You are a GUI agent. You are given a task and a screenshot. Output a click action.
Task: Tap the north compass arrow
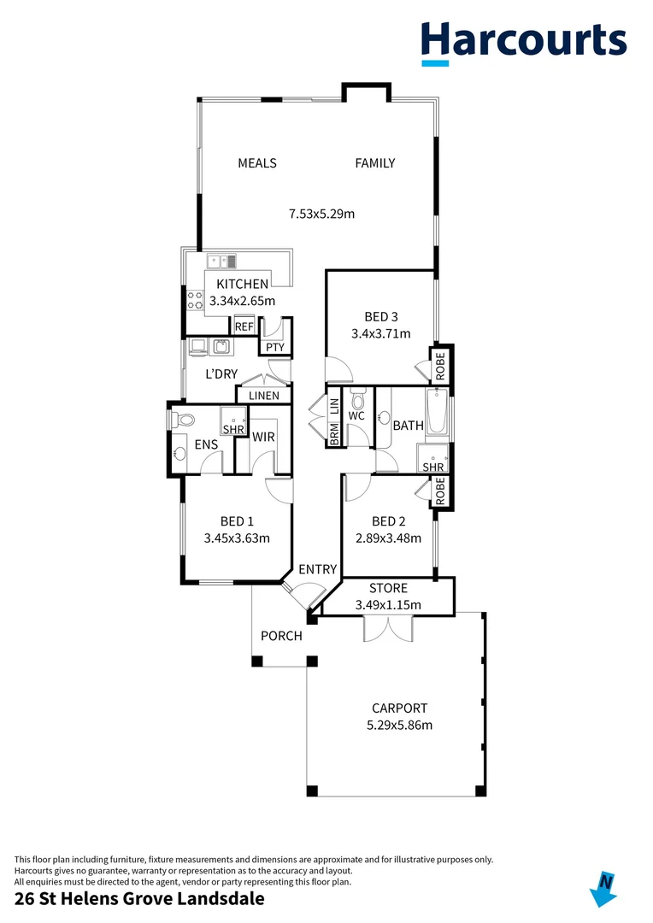pos(604,888)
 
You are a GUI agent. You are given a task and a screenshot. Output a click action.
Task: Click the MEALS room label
pos(256,163)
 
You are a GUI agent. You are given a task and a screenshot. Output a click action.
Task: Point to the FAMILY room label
pos(375,163)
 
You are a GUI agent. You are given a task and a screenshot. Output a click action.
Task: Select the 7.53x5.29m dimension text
pos(321,214)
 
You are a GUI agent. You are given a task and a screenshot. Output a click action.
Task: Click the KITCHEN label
pos(242,285)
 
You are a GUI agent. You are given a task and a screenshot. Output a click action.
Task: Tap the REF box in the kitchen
pos(244,326)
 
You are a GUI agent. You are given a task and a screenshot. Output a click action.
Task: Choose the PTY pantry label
pos(274,347)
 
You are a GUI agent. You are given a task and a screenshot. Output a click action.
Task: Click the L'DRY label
pos(221,374)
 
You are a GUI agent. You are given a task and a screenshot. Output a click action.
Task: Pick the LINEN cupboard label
pos(264,396)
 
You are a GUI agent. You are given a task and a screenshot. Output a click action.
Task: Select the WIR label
pos(262,437)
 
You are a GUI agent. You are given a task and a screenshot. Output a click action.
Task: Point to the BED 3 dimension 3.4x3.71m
pos(380,334)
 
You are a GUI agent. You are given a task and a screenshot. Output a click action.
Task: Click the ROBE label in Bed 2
pos(441,491)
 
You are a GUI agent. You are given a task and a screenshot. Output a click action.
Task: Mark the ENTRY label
pos(317,569)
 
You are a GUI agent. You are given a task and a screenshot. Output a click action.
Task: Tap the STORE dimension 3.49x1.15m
pos(388,605)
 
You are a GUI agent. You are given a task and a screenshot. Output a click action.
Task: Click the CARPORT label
pos(399,708)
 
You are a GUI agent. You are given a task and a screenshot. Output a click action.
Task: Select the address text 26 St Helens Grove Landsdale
pos(139,898)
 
